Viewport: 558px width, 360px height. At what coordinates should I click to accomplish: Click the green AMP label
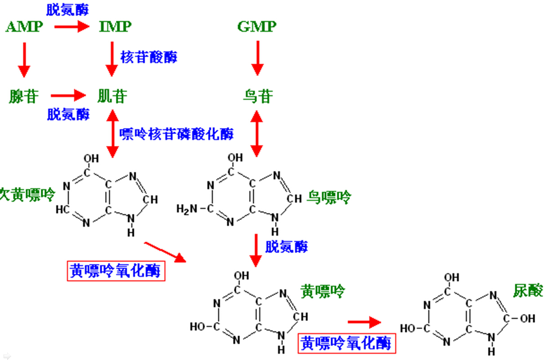coord(24,27)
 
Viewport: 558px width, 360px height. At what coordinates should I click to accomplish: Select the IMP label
coord(115,27)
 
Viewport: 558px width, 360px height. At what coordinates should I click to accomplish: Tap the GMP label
coord(257,27)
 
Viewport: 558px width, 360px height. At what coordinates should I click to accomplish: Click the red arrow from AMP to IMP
coord(72,27)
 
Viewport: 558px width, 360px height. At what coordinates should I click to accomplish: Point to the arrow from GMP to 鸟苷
coord(257,58)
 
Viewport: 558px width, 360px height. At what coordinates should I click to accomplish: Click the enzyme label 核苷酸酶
coord(149,57)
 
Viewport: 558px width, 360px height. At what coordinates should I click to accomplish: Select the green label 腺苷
coord(24,96)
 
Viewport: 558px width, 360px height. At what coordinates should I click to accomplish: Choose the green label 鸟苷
coord(258,96)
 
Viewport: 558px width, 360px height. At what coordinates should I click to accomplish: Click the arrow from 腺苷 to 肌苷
coord(68,96)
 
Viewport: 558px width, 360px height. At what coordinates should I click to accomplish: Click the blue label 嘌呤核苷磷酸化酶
coord(177,134)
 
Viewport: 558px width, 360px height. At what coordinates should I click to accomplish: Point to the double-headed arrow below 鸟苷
coord(257,133)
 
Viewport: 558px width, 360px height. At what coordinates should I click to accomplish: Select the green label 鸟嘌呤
coord(329,197)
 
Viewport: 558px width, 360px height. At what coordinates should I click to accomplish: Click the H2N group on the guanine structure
coord(187,209)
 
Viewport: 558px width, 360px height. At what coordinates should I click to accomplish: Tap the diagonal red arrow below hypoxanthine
coord(165,252)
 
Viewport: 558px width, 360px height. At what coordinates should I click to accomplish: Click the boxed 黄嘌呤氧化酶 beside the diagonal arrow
coord(116,271)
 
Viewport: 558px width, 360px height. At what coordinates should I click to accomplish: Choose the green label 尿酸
coord(528,290)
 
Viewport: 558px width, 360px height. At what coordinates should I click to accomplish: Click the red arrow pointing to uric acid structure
coord(364,322)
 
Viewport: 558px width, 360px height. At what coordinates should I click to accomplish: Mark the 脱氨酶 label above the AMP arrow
coord(67,10)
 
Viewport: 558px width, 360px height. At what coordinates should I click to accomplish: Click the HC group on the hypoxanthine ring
coord(62,209)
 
